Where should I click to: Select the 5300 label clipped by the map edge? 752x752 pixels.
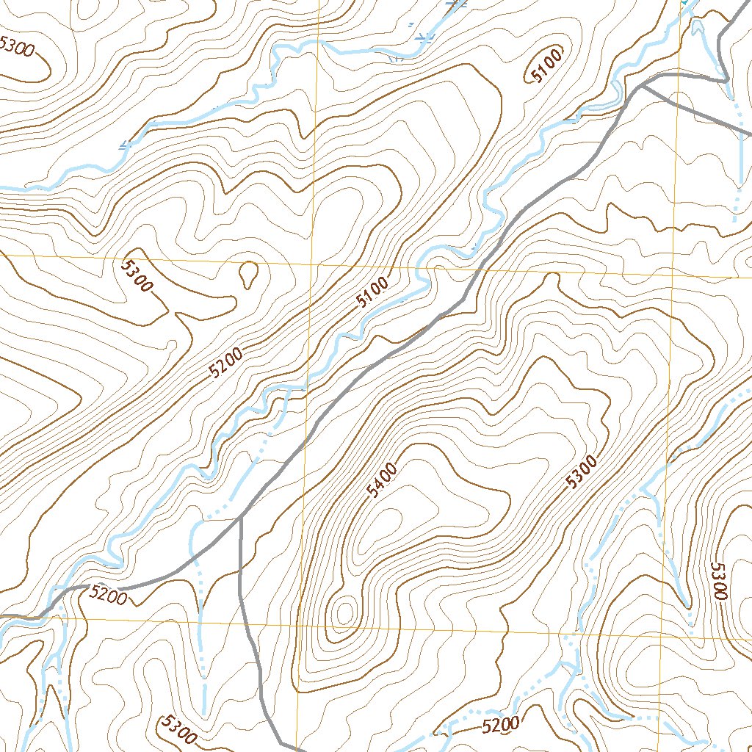tap(16, 46)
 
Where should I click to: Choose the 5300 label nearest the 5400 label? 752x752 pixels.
tap(582, 474)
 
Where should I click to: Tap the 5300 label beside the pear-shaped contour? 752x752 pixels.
tap(137, 275)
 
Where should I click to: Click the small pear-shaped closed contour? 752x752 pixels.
tap(249, 273)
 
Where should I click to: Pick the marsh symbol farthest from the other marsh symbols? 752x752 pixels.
tap(125, 145)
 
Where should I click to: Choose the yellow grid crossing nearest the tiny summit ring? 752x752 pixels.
tap(301, 625)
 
